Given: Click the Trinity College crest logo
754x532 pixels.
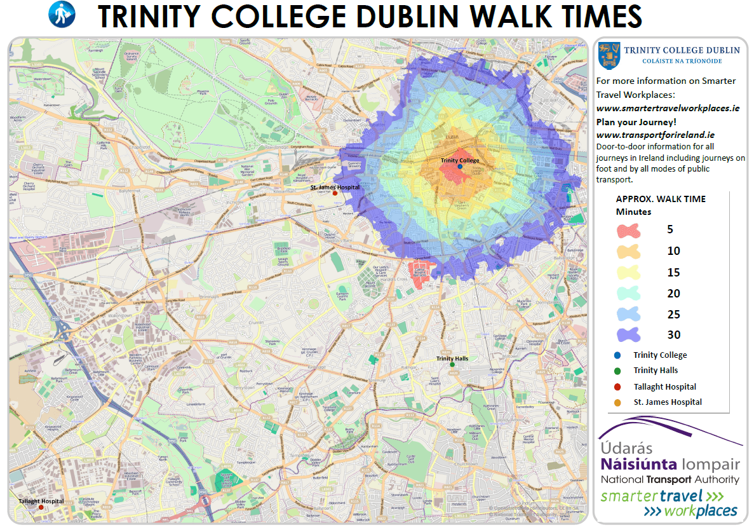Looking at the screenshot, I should click(609, 56).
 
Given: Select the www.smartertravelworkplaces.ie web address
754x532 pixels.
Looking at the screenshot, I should click(668, 108).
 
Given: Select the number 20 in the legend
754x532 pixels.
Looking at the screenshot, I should click(673, 294).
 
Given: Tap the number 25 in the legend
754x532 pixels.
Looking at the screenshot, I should click(673, 315).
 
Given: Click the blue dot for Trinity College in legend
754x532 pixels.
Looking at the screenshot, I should click(617, 355).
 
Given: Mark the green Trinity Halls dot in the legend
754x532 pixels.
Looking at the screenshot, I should click(617, 371).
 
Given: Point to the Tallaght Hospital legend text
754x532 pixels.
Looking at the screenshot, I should click(664, 386).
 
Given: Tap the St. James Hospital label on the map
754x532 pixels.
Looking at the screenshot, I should click(335, 188).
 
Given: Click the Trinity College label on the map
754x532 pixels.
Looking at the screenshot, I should click(460, 160).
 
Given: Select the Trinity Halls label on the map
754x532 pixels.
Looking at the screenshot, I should click(452, 358).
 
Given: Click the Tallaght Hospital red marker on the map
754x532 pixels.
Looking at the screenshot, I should click(41, 507).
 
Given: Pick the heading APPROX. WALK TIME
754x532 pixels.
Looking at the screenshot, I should click(661, 199).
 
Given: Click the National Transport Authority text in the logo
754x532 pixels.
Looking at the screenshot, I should click(670, 479).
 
